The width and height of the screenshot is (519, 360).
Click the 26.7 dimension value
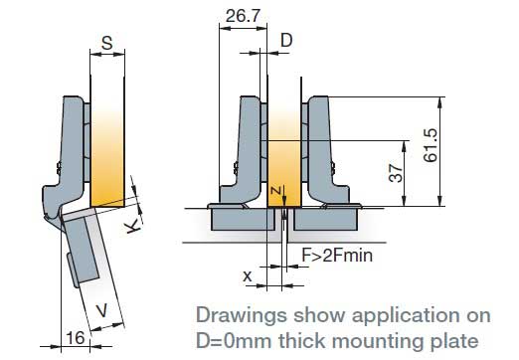[243, 16]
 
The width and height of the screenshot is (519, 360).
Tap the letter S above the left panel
[107, 43]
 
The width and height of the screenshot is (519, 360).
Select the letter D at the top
[286, 41]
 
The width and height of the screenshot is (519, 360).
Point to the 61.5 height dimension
[431, 145]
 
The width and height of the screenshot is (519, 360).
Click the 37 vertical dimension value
[396, 172]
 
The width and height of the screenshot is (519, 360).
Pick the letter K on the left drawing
[132, 227]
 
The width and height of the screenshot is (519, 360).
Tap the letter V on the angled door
[102, 310]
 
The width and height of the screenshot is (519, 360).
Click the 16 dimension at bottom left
[76, 338]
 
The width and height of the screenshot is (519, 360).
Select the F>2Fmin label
[337, 256]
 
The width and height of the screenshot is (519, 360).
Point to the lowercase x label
[248, 275]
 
